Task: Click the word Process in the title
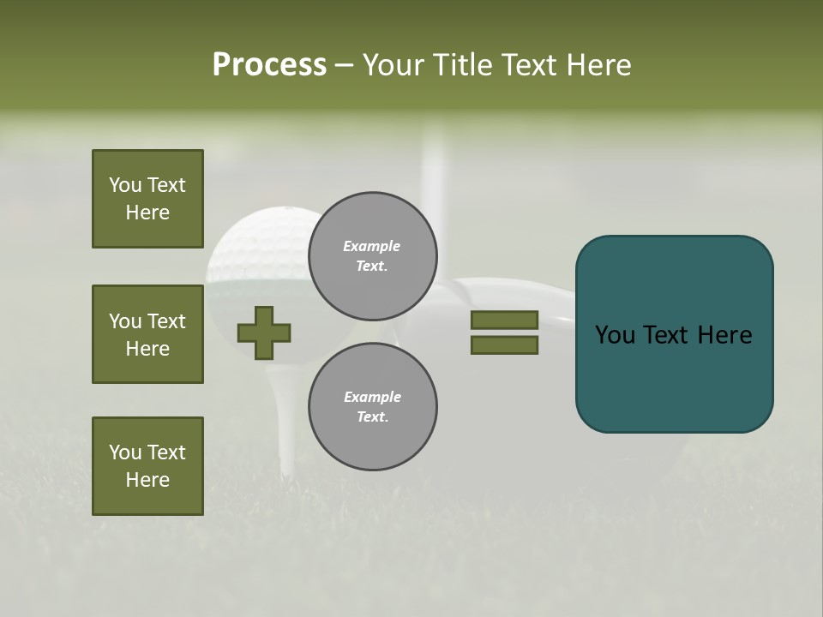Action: pos(269,65)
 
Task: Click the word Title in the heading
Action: pos(458,65)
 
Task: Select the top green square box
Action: pos(147,199)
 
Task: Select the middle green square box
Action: pos(147,334)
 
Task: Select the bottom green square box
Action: pos(147,466)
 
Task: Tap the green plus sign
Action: pos(264,332)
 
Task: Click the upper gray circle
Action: pos(372,256)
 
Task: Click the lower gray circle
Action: pos(372,407)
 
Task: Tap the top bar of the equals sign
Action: pos(504,320)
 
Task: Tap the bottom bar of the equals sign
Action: pos(504,345)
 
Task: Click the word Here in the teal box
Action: pos(724,335)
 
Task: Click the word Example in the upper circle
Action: pos(371,246)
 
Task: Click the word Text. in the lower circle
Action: pos(372,417)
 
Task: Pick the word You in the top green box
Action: pos(125,185)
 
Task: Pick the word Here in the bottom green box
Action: pos(147,480)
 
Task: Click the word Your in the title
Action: pos(397,65)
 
